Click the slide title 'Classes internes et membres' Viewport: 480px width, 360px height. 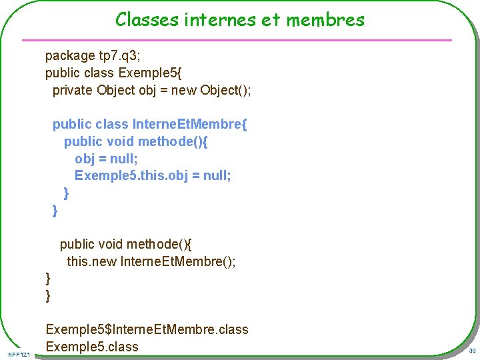(x=239, y=19)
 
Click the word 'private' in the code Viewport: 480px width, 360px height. (x=73, y=90)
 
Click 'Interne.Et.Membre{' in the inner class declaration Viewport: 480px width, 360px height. (x=190, y=125)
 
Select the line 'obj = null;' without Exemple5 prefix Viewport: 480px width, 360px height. (x=106, y=159)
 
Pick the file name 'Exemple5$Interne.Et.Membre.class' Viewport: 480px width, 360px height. (x=147, y=330)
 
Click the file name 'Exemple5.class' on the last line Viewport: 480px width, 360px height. (x=92, y=347)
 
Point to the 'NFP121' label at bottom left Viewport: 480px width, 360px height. (x=21, y=353)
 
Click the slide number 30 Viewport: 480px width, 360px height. (x=471, y=351)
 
